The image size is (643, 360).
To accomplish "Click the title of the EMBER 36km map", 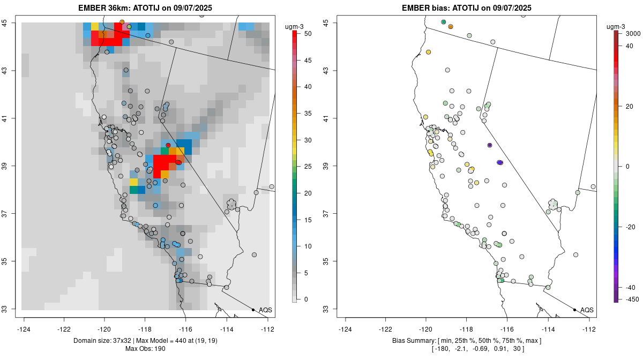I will [147, 7].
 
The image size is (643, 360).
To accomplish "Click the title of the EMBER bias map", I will [466, 7].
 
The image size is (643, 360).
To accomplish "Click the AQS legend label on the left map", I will [265, 310].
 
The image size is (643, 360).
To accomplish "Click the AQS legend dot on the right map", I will [574, 310].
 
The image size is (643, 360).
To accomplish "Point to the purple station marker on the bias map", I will [490, 145].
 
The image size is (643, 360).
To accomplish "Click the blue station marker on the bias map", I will [500, 162].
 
